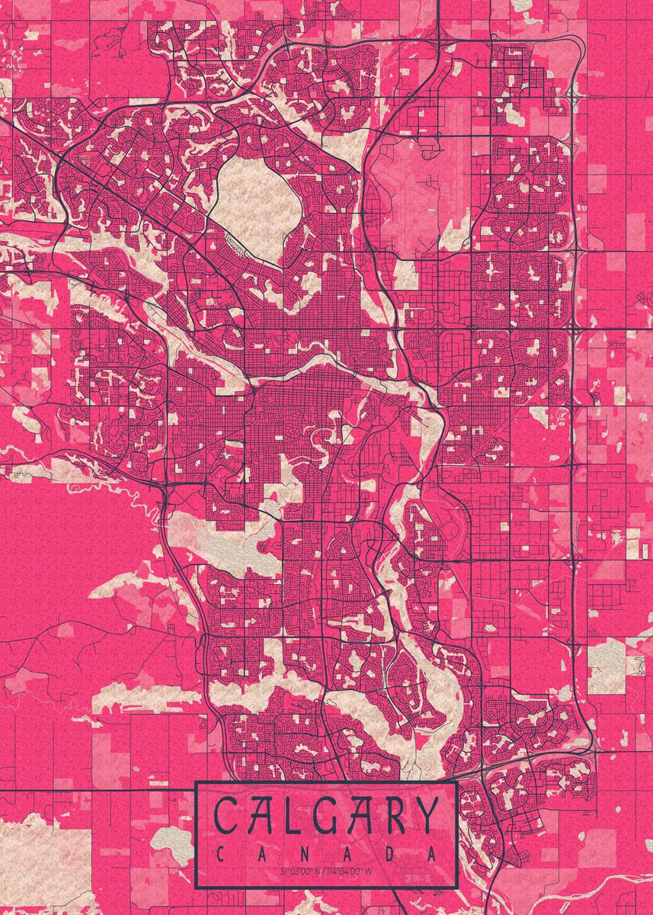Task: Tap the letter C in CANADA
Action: tap(220, 854)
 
